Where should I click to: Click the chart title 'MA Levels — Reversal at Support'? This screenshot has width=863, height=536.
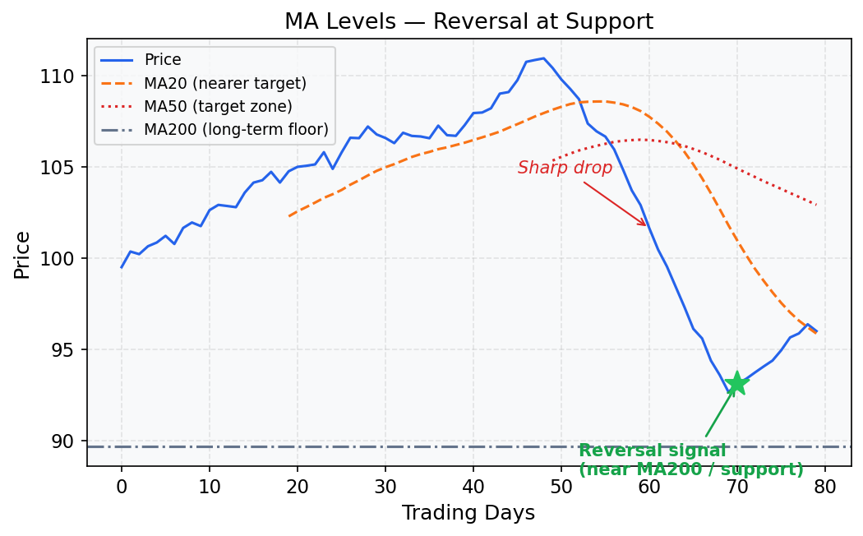click(468, 22)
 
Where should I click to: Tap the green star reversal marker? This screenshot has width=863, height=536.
click(736, 383)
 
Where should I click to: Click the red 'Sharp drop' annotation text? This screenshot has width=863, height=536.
click(565, 168)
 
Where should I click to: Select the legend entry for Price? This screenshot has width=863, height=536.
click(163, 60)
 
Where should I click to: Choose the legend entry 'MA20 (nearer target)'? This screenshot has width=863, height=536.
click(224, 83)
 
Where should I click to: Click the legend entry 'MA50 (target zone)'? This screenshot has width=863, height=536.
click(218, 106)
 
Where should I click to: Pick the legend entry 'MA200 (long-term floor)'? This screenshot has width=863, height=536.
click(236, 129)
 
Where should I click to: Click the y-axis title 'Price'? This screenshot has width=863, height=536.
click(23, 254)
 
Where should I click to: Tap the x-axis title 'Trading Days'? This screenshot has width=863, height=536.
click(468, 514)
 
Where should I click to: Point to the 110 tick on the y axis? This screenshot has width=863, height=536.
click(58, 76)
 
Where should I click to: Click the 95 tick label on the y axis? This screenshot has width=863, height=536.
click(62, 350)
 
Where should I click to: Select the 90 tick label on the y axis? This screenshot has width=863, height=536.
click(62, 441)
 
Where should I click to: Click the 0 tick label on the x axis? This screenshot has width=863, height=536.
click(122, 486)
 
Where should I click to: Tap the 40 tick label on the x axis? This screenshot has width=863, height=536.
click(473, 486)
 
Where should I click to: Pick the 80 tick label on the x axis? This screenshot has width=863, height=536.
click(825, 486)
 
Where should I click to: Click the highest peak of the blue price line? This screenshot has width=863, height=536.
click(543, 58)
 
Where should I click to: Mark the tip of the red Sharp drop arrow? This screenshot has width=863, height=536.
click(647, 226)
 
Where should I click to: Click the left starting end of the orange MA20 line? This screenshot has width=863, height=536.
click(289, 216)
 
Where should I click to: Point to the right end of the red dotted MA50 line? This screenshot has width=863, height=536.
click(816, 205)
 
